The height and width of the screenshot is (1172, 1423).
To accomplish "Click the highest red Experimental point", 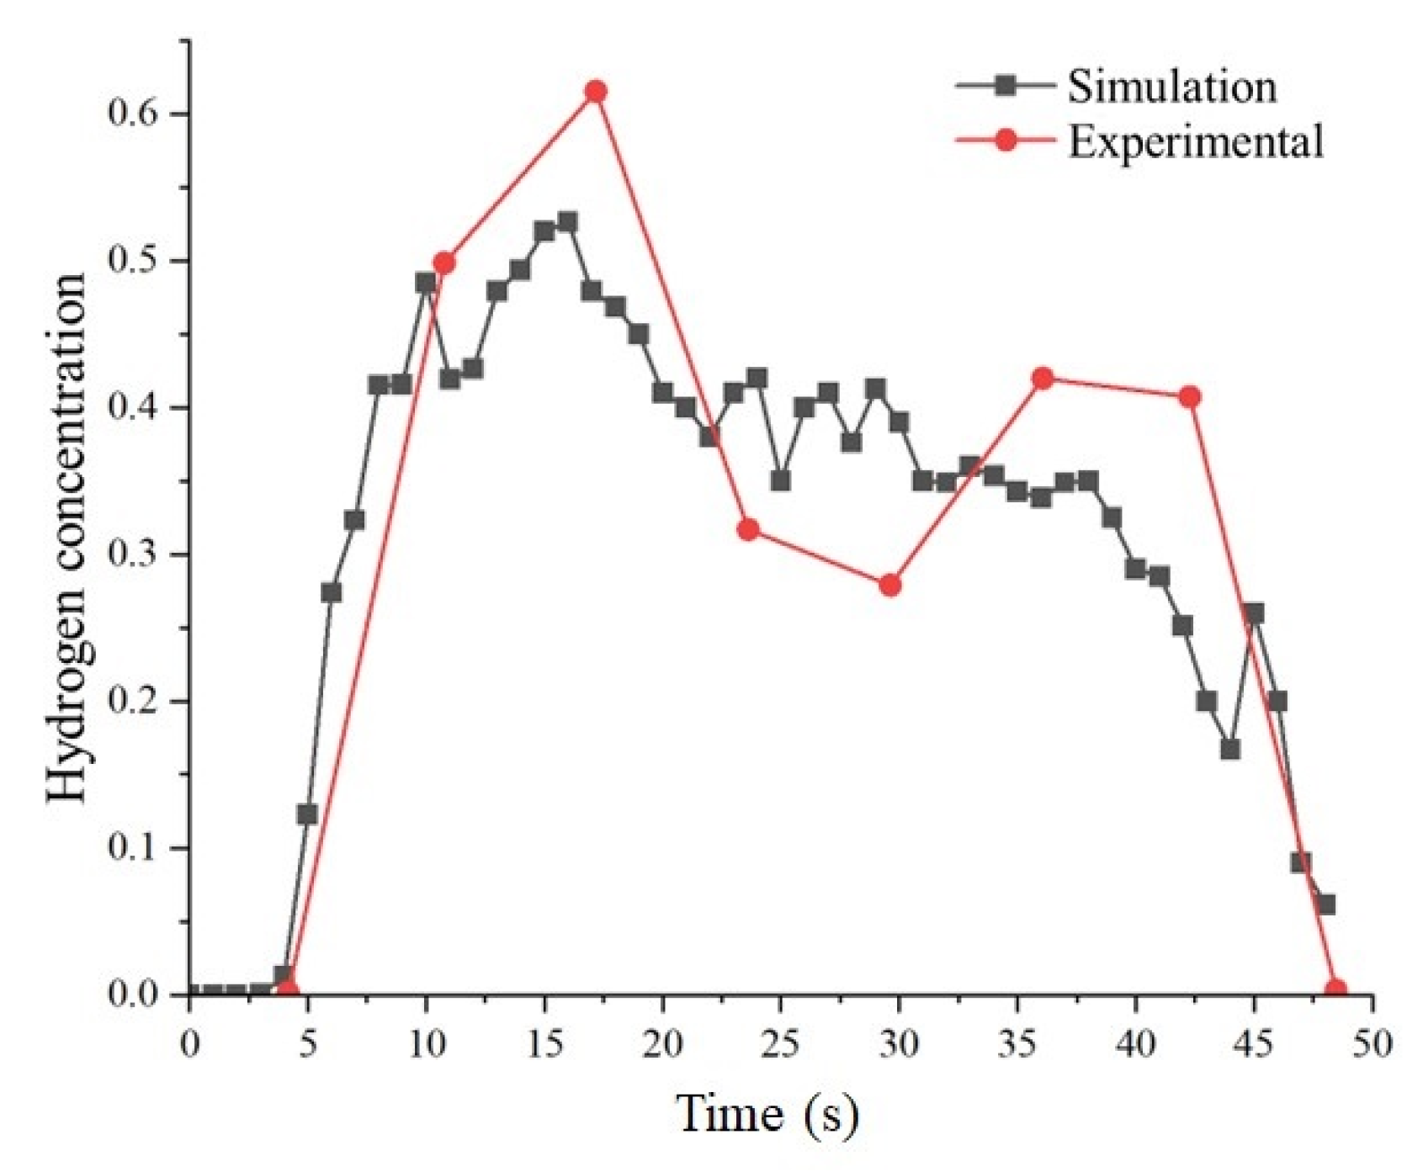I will click(x=596, y=92).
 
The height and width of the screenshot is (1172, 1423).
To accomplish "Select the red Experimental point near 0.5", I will click(x=444, y=263).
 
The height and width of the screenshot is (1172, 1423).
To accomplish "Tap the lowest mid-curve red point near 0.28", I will click(x=889, y=586).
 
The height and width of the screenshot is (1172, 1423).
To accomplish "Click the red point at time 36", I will click(x=1043, y=379).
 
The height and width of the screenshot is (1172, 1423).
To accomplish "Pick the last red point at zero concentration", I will click(x=1335, y=991).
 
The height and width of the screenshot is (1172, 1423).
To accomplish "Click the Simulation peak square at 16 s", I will click(x=568, y=222).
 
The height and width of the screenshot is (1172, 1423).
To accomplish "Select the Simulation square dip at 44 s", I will click(x=1230, y=749).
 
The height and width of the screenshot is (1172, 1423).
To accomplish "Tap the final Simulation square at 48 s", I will click(x=1326, y=904).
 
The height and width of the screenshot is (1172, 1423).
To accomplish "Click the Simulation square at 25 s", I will click(x=780, y=481).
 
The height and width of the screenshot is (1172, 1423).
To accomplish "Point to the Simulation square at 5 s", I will click(x=307, y=814).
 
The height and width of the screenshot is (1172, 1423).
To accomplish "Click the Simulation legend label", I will click(x=1171, y=87).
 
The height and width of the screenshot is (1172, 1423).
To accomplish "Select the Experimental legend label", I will click(x=1196, y=141).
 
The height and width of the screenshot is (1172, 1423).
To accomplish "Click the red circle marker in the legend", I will click(x=1005, y=141).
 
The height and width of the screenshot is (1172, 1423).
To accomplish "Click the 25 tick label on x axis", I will click(x=780, y=1044).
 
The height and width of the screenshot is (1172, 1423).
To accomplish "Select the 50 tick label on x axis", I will click(x=1372, y=1044).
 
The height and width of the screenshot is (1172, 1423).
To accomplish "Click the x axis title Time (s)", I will click(x=767, y=1114).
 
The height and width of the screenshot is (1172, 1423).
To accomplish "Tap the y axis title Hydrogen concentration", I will click(x=67, y=538).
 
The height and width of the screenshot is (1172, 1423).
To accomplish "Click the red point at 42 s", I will click(x=1189, y=397).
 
